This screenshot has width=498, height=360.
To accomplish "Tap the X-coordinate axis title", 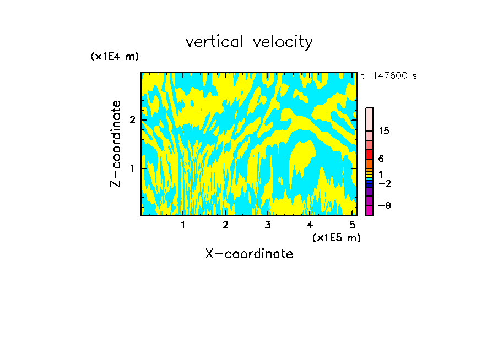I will (x=249, y=254).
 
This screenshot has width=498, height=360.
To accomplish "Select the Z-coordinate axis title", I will (x=116, y=144).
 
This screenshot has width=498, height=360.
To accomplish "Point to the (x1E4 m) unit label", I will (x=115, y=57).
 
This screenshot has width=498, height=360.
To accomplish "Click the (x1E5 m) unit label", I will (x=336, y=237).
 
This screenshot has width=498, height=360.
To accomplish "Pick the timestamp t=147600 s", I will (x=389, y=76).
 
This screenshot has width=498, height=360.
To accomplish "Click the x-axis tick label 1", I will (x=183, y=225).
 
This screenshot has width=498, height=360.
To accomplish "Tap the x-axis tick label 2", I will (x=225, y=225).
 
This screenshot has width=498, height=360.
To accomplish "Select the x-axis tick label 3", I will (x=268, y=225).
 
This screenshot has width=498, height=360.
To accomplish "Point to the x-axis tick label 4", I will (x=310, y=225).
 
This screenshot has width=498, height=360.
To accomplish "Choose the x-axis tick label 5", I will (x=352, y=225).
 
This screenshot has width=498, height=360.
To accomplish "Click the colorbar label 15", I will (x=384, y=131).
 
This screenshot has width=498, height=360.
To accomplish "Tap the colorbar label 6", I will (x=381, y=159).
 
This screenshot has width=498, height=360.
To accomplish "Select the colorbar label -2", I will (x=384, y=183).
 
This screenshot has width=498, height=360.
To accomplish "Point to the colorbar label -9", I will (x=384, y=205).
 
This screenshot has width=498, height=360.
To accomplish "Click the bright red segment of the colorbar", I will (x=369, y=154).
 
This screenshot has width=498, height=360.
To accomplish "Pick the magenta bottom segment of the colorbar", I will (x=369, y=210).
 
